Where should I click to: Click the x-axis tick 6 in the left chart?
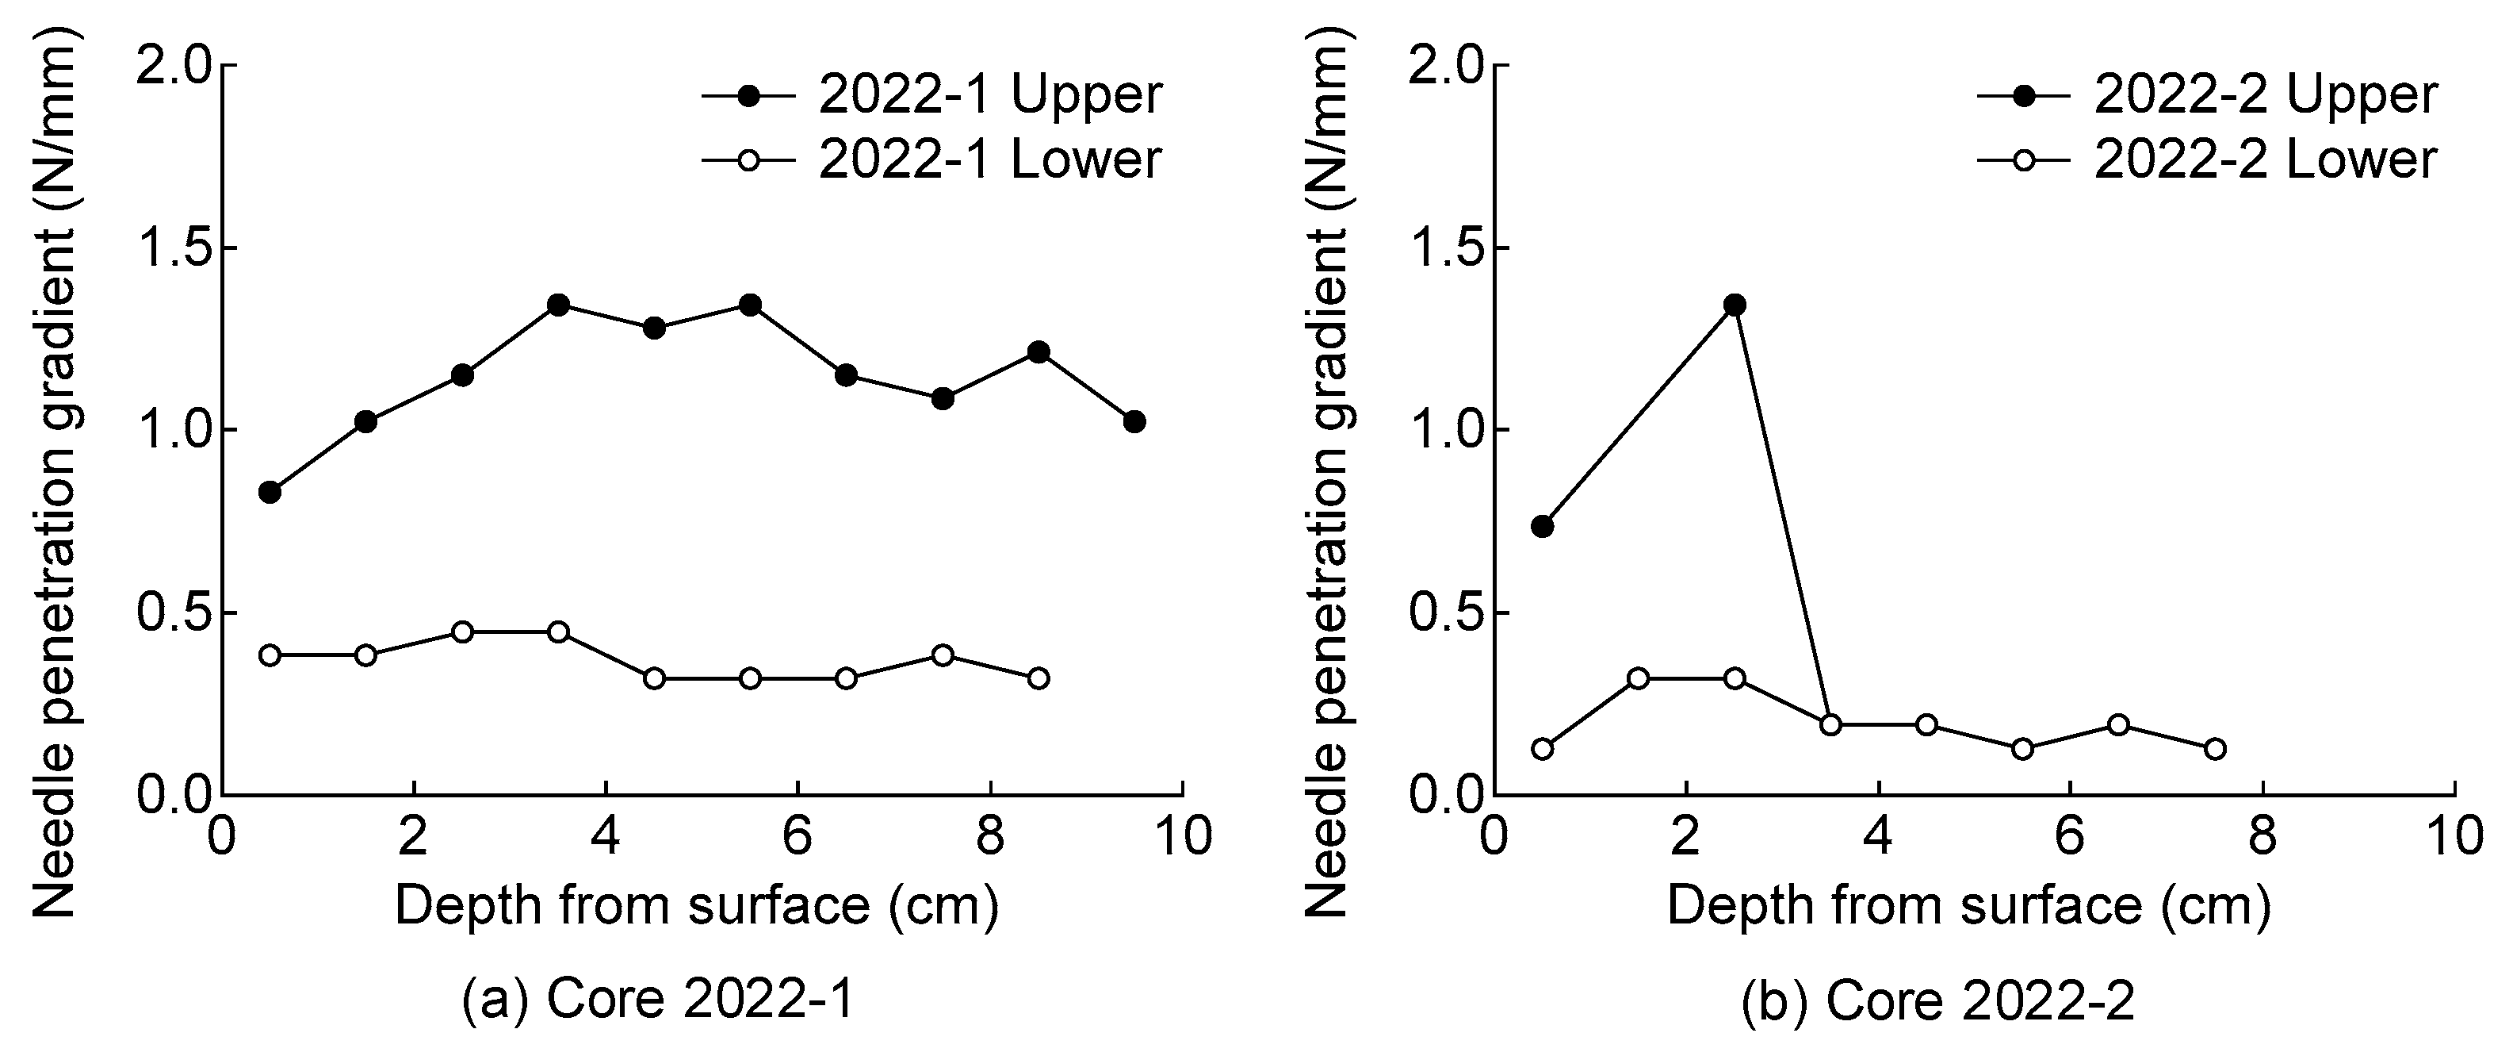coord(798,837)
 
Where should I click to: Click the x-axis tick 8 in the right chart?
coord(2262,837)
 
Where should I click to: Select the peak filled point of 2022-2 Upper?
coord(1734,305)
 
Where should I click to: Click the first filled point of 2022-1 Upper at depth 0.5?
coord(270,492)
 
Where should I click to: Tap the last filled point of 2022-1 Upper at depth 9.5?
coord(1134,421)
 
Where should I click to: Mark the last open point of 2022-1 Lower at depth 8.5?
coord(1038,678)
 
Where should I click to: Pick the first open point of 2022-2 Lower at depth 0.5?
coord(1543,748)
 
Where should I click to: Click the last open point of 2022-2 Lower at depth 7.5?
coord(2214,748)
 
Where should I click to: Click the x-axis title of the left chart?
coord(697,905)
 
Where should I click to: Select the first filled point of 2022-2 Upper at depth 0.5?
coord(1543,526)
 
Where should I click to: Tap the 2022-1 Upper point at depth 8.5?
coord(1038,351)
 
